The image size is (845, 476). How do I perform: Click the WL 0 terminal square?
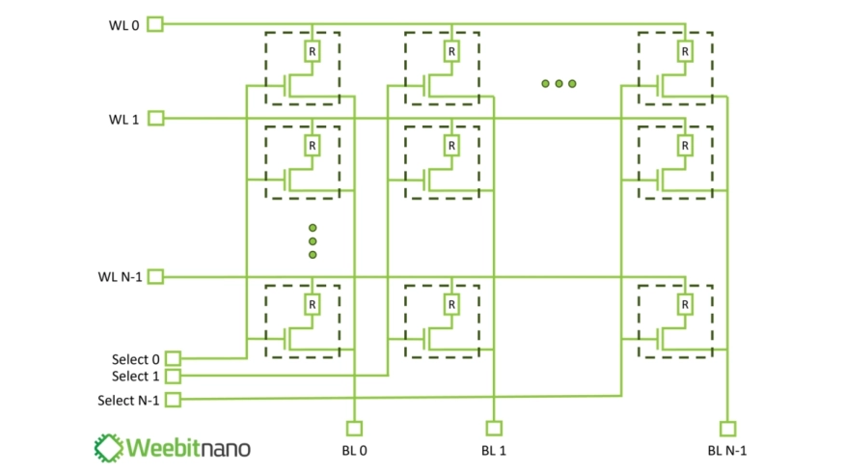(x=155, y=24)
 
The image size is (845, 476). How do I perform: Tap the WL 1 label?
(x=124, y=119)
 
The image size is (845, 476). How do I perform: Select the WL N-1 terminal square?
(x=155, y=277)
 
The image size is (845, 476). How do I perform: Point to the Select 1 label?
(x=136, y=377)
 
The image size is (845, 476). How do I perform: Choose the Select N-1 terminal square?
(x=173, y=398)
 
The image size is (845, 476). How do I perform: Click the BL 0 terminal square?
(x=355, y=428)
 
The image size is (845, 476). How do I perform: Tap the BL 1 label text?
(x=493, y=451)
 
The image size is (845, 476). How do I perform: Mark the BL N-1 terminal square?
(x=727, y=428)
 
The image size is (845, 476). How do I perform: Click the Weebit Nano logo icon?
(x=108, y=447)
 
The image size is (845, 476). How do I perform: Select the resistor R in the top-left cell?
(x=312, y=51)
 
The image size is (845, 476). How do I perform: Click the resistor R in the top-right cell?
(x=684, y=51)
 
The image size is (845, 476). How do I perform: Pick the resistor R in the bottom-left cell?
(x=312, y=304)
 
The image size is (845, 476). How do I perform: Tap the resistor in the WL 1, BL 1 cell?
(x=450, y=146)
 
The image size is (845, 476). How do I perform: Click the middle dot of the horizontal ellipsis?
(x=559, y=84)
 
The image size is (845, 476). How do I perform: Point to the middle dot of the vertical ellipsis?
(x=313, y=241)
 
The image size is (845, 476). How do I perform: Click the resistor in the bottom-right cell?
(x=684, y=304)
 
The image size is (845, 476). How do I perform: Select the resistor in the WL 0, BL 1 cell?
(x=450, y=51)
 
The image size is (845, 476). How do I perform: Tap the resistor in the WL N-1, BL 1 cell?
(x=450, y=304)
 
